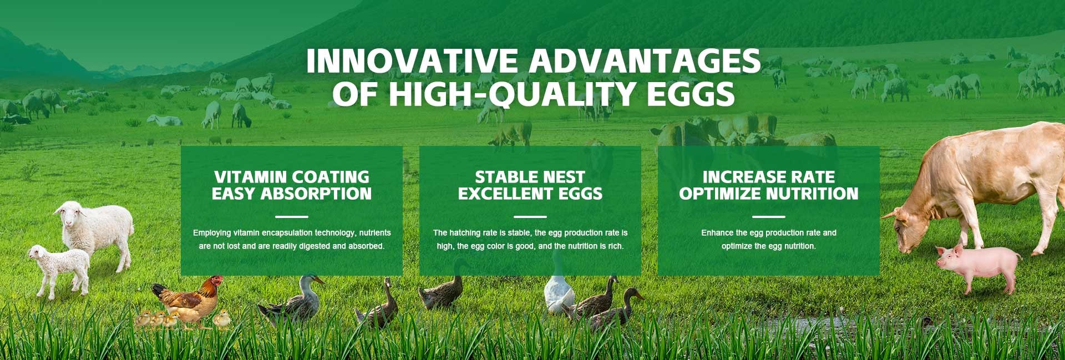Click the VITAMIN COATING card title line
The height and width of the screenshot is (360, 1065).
point(292,177)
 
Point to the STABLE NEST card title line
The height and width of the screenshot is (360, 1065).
point(530,177)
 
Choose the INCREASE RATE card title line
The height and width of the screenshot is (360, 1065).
point(769,177)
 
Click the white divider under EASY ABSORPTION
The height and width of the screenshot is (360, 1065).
point(292,216)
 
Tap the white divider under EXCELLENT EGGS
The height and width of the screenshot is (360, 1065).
point(530,216)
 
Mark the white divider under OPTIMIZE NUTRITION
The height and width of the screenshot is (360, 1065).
point(769,216)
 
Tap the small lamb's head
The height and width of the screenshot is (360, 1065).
point(39,253)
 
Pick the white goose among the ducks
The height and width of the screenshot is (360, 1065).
point(559,291)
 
